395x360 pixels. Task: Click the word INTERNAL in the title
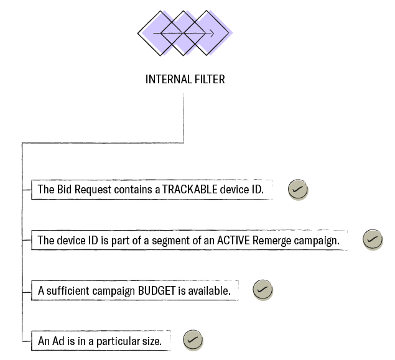coord(164,80)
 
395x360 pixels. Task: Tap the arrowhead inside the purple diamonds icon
coord(212,34)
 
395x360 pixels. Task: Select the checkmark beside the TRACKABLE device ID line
coord(298,190)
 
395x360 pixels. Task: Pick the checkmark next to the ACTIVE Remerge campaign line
coord(373,240)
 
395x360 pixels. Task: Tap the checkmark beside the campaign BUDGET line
coord(263,290)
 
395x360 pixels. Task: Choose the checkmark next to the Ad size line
coord(193,341)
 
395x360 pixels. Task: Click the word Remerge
coord(271,240)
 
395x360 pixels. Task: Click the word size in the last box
coord(152,341)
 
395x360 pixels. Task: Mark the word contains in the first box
coord(132,190)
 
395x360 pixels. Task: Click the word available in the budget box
coord(211,290)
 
